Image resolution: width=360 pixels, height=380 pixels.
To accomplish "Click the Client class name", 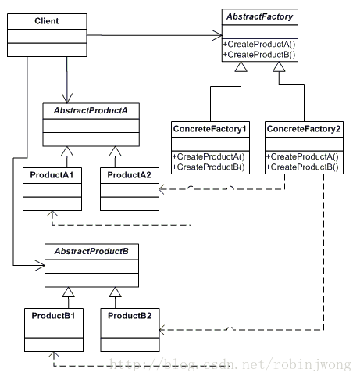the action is (x=47, y=21).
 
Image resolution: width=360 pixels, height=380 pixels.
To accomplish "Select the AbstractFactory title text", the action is (x=260, y=16).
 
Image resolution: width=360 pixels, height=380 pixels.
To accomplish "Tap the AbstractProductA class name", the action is (x=91, y=110).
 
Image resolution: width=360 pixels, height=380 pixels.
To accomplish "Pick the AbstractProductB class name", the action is (x=91, y=251).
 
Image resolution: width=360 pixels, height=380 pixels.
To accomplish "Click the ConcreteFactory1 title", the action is (x=210, y=129).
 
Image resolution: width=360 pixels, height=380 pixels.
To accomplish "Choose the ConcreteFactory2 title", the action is (x=304, y=129).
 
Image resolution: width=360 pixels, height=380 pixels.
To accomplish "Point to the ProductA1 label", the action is (x=52, y=175).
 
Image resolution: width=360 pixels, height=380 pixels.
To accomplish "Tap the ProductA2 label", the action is (x=129, y=175).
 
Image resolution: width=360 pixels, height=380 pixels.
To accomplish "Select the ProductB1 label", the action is (x=53, y=316).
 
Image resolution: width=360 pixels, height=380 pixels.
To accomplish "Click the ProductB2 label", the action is (x=130, y=316).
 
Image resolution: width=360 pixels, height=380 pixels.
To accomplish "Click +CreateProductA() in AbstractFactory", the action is (x=259, y=45).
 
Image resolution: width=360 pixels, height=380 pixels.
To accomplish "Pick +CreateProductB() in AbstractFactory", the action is (x=259, y=55).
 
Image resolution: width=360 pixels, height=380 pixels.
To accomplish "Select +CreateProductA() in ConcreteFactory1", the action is (x=209, y=156).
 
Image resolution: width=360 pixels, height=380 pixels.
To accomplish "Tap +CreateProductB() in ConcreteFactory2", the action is (x=302, y=167).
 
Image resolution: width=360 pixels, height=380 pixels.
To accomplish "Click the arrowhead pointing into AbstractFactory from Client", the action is (x=217, y=35).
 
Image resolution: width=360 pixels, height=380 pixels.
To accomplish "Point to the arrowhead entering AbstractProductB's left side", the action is (x=40, y=266).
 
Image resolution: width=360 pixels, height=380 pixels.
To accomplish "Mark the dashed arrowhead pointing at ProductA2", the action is (x=162, y=189).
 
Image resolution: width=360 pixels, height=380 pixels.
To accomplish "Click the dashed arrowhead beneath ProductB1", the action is (x=54, y=354).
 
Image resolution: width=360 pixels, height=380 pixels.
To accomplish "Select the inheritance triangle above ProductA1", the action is (x=67, y=152).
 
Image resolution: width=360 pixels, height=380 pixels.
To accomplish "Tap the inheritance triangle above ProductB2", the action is (x=115, y=292).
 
